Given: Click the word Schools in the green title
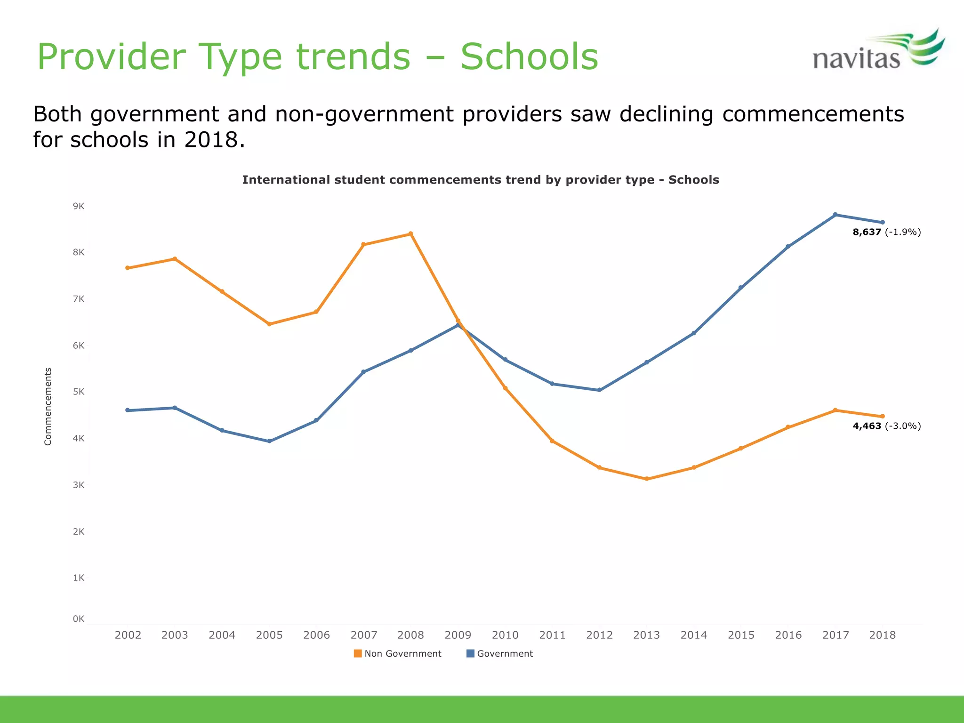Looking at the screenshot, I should click(529, 57).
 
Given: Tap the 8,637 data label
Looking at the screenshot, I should click(867, 232).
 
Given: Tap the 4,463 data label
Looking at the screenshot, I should click(867, 426).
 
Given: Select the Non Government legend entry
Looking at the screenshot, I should click(398, 654).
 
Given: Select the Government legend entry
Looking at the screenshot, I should click(500, 654).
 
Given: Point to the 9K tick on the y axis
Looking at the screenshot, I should click(79, 206).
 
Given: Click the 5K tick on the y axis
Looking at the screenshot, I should click(79, 392).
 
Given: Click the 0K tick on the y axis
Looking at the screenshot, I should click(79, 619).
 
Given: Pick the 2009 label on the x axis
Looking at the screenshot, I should click(458, 635).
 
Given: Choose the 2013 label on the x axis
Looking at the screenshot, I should click(646, 635).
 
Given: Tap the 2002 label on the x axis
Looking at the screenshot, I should click(128, 635).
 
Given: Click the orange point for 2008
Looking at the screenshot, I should click(410, 233).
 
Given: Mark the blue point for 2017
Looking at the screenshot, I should click(835, 215).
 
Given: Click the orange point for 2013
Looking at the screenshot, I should click(646, 479).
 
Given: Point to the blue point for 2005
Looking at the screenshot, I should click(269, 441).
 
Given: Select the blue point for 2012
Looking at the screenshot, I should click(599, 390).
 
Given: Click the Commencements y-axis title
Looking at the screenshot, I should click(48, 406).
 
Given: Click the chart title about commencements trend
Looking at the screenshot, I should click(480, 180).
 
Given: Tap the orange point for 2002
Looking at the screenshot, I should click(128, 268).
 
